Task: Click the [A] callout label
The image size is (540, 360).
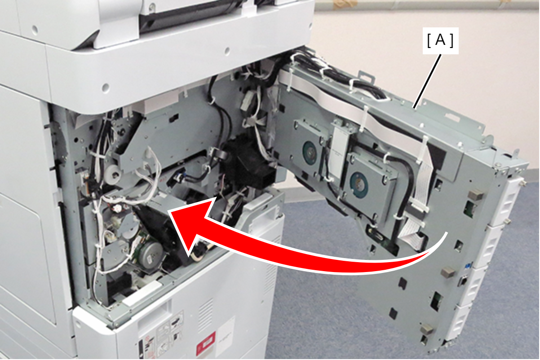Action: [440, 41]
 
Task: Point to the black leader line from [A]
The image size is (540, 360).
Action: [427, 82]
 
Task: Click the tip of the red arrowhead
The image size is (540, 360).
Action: [169, 211]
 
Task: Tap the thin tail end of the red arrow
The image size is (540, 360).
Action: [447, 233]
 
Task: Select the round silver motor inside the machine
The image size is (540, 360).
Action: [151, 255]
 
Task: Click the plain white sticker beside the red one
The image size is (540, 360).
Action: [225, 336]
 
